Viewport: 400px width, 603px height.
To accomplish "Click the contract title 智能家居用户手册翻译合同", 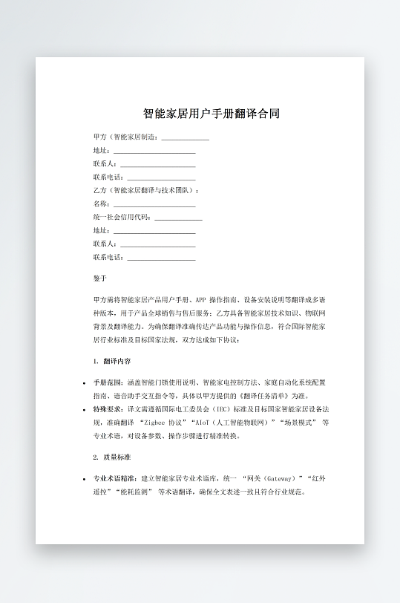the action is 212,114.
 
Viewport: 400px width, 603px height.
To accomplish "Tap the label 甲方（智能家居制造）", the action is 125,137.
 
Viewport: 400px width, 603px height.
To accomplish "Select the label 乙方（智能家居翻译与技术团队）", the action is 145,190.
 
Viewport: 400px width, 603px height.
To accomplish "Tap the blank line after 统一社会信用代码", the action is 178,218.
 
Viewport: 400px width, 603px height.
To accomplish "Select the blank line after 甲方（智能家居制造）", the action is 185,137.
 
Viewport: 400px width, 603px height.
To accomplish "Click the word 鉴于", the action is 100,279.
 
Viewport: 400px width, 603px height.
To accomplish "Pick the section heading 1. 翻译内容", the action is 112,361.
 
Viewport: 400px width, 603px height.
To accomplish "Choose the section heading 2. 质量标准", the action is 112,457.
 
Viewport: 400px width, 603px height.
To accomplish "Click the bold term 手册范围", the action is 106,382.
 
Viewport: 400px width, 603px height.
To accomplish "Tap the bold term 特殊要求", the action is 106,409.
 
